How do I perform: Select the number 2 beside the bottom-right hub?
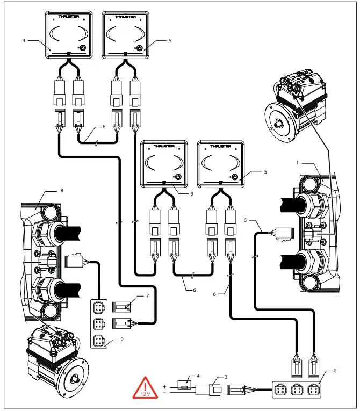pos(334,371)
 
